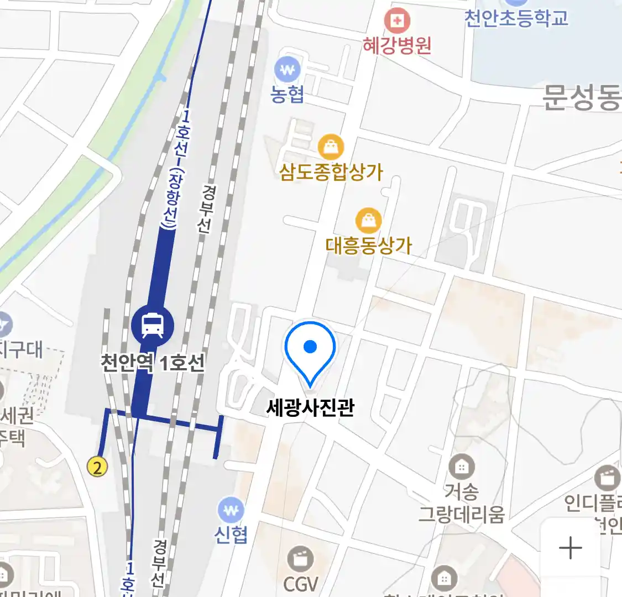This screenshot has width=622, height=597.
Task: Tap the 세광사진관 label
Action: point(310,408)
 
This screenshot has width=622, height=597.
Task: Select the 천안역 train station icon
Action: point(153,325)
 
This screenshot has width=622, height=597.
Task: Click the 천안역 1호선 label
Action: point(153,363)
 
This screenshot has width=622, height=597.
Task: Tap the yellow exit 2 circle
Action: point(98,467)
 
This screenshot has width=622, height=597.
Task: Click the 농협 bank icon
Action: point(288,70)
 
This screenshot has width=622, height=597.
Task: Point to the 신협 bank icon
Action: point(231,510)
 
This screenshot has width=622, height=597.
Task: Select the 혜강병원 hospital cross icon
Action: point(397,21)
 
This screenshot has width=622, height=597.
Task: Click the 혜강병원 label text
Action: point(397,45)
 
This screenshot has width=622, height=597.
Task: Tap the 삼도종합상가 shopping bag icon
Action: point(331,147)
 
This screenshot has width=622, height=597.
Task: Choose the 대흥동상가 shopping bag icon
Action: point(368,221)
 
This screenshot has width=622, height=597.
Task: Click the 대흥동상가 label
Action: point(369,245)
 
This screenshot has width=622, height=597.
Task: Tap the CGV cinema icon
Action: point(301,559)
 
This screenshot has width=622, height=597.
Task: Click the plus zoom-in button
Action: point(571,548)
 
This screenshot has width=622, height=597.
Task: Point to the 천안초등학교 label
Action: point(516,18)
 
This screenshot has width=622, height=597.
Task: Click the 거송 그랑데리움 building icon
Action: point(461,467)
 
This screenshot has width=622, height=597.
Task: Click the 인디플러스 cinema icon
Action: point(607,478)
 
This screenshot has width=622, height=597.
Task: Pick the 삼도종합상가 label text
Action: point(331,172)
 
